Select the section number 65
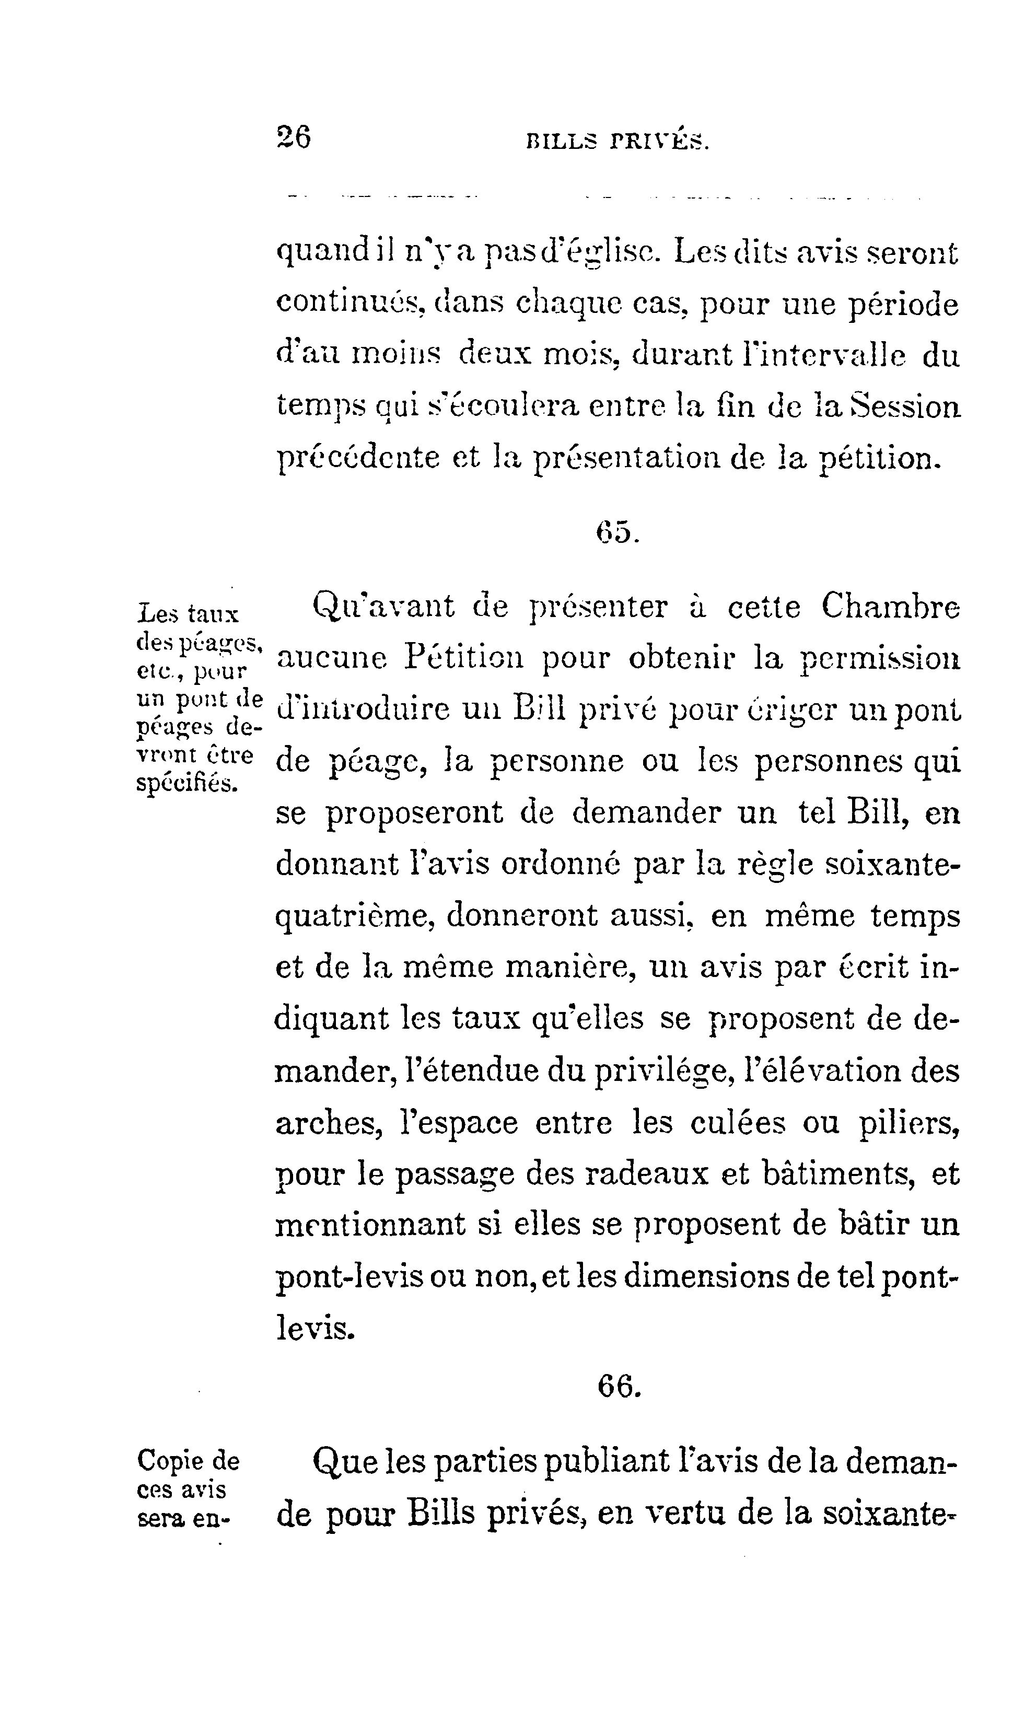[x=618, y=532]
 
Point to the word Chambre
[x=890, y=607]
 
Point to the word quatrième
[x=354, y=917]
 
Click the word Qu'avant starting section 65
[x=384, y=607]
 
